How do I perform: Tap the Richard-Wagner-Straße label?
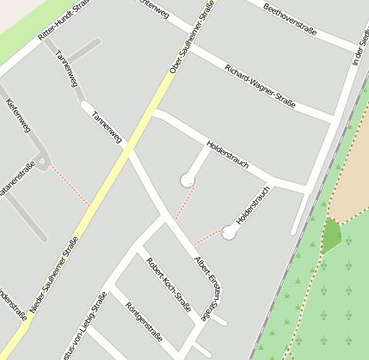click(259, 87)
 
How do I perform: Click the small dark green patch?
click(330, 235)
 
